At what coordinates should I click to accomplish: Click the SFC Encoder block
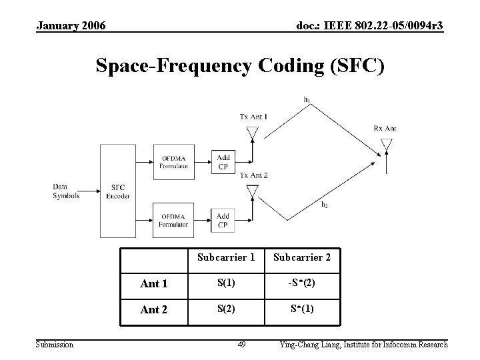(x=117, y=192)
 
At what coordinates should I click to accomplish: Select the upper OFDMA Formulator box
(x=173, y=161)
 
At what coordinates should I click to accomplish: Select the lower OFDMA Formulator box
(x=173, y=221)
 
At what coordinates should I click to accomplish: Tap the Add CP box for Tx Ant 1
(x=223, y=161)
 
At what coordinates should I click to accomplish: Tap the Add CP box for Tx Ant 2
(x=223, y=221)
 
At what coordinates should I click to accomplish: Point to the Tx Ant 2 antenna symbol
(x=252, y=192)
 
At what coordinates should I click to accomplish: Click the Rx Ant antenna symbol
(x=386, y=144)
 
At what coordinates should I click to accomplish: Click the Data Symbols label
(x=67, y=192)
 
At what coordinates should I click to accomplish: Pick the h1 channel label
(x=307, y=100)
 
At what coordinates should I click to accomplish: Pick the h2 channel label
(x=324, y=205)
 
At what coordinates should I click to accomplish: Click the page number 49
(x=242, y=345)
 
